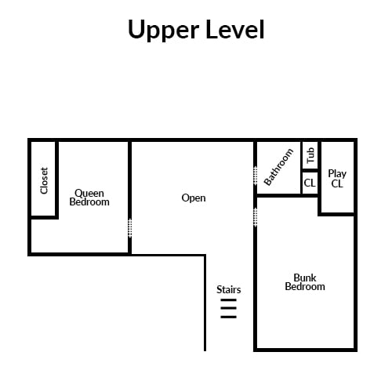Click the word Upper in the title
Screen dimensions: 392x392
click(164, 31)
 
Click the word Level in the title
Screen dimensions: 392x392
click(235, 29)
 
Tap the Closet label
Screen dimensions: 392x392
click(44, 180)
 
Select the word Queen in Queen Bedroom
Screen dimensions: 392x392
click(89, 194)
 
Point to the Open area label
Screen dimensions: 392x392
click(194, 198)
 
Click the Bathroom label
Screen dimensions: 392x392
click(278, 167)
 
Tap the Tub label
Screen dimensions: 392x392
click(310, 155)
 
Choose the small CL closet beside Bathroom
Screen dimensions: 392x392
click(310, 183)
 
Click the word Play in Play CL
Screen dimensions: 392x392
click(337, 174)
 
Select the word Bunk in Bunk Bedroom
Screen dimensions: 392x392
click(305, 278)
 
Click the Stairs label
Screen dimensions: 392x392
click(229, 289)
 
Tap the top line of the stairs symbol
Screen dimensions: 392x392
click(229, 300)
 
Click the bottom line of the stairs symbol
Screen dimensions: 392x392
click(229, 317)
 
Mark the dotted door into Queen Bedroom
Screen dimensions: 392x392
click(130, 228)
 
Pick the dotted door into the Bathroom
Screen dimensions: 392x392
click(256, 176)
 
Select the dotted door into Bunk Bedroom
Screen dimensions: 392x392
click(256, 217)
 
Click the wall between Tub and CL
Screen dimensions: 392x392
click(310, 171)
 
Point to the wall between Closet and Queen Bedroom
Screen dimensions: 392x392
click(56, 179)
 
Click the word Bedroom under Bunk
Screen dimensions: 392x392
click(305, 287)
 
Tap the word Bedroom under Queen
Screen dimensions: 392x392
click(89, 202)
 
